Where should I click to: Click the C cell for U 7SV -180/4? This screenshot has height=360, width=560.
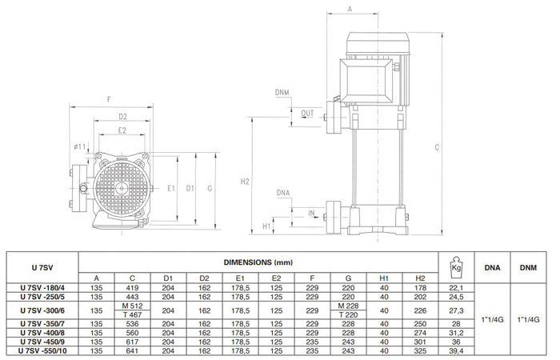coord(132,288)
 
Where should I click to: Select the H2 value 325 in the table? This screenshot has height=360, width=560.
coord(420,351)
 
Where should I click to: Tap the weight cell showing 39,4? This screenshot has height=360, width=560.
coord(456,351)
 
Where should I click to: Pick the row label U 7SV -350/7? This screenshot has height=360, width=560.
coord(42,324)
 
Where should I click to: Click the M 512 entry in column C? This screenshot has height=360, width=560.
coord(132,306)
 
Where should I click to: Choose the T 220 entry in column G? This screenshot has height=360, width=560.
coord(348,315)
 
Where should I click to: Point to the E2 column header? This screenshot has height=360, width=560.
coord(276,278)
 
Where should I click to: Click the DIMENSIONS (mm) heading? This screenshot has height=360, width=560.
coord(258,262)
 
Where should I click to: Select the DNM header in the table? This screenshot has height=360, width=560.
coord(528,267)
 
